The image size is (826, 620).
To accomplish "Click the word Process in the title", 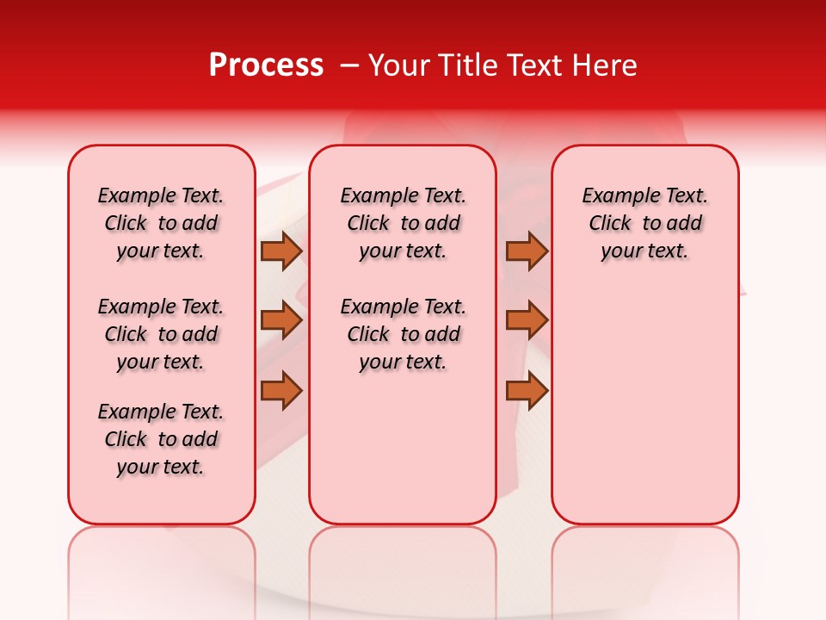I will pyautogui.click(x=266, y=65).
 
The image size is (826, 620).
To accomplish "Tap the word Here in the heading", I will pyautogui.click(x=605, y=65).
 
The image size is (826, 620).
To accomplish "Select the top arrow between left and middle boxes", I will pyautogui.click(x=280, y=251).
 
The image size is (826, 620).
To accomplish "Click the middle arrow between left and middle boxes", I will pyautogui.click(x=280, y=320).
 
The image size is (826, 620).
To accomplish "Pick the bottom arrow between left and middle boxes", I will pyautogui.click(x=280, y=390).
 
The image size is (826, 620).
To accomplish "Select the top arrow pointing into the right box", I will pyautogui.click(x=527, y=251).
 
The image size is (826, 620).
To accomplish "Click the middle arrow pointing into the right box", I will pyautogui.click(x=527, y=320).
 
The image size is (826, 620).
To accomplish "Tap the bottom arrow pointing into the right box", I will pyautogui.click(x=527, y=390).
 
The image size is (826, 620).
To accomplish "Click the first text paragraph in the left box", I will pyautogui.click(x=161, y=223).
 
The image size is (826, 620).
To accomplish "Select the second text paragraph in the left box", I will pyautogui.click(x=161, y=334).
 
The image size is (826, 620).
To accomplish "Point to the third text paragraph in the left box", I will pyautogui.click(x=161, y=439).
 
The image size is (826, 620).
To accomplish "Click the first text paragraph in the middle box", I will pyautogui.click(x=403, y=223).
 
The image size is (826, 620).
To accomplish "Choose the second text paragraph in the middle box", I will pyautogui.click(x=403, y=334).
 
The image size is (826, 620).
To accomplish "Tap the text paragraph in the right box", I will pyautogui.click(x=644, y=223).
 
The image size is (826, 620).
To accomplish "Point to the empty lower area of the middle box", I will pyautogui.click(x=403, y=448).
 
